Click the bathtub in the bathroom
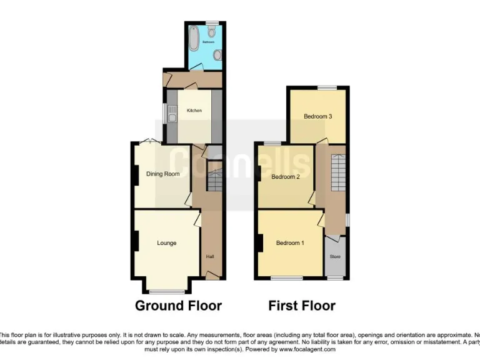[x=193, y=38]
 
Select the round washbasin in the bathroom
[x=217, y=54]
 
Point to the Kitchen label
[x=194, y=111]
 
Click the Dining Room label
[x=163, y=174]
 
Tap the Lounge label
[x=166, y=243]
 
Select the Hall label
[x=210, y=256]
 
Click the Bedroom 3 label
[x=317, y=116]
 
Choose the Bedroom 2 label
[x=285, y=177]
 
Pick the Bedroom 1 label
[x=289, y=242]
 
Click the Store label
[x=335, y=256]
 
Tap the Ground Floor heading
[x=179, y=306]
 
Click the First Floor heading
[x=302, y=306]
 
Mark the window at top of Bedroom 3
[x=326, y=87]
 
